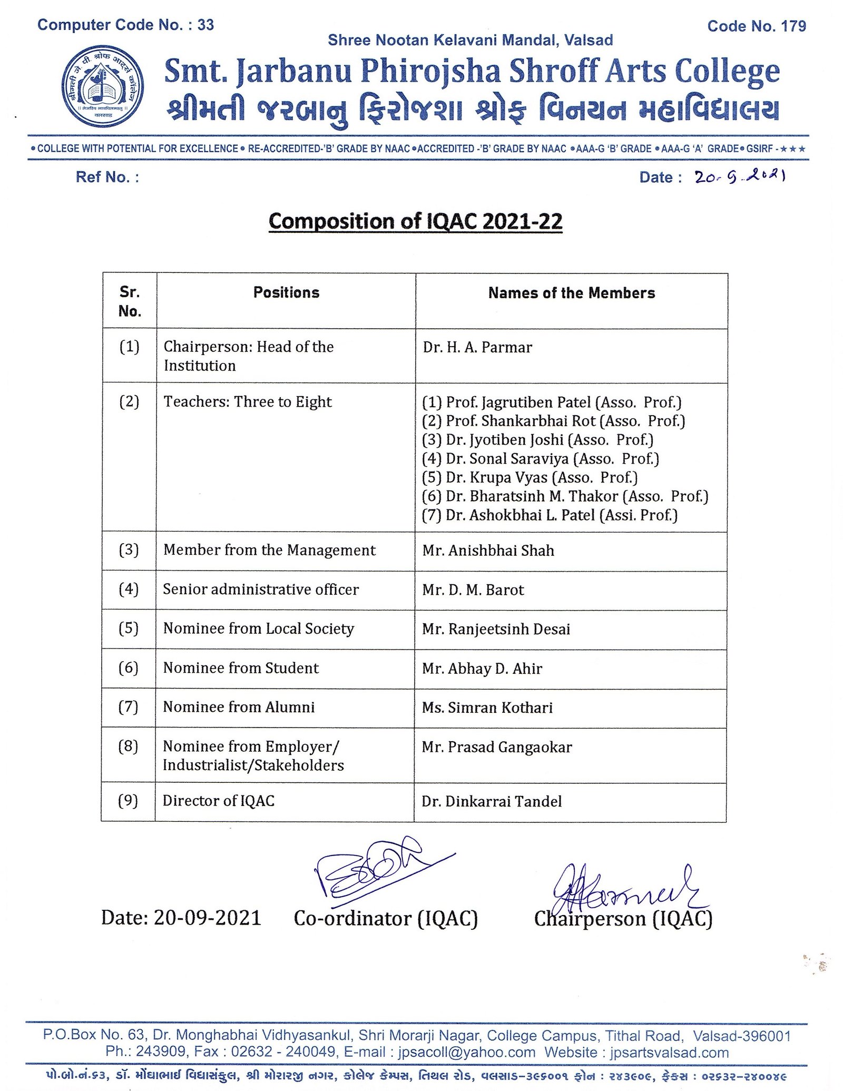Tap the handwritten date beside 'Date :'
[x=740, y=178]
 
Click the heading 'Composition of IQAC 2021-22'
[x=415, y=221]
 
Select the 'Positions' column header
[x=286, y=293]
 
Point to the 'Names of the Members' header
[x=571, y=293]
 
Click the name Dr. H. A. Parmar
[x=477, y=348]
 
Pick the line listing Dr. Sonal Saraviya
[x=541, y=459]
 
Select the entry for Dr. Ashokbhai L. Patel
[x=550, y=515]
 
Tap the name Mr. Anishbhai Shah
[x=488, y=551]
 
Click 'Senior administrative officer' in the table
[x=261, y=589]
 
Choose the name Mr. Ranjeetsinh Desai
[x=496, y=629]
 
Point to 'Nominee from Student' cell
[x=241, y=668]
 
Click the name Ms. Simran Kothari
[x=487, y=707]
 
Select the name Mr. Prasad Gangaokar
[x=496, y=747]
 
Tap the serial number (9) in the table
[x=128, y=801]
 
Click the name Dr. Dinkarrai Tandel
[x=492, y=802]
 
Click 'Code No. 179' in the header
[x=756, y=26]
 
